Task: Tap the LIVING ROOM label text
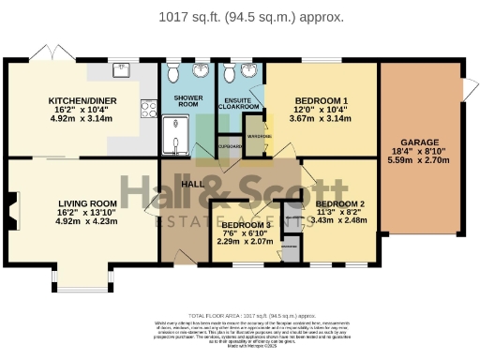click(x=87, y=203)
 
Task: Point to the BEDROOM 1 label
click(x=322, y=100)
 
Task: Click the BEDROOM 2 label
click(x=339, y=203)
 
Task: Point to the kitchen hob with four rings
click(x=148, y=110)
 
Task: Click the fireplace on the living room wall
click(x=11, y=203)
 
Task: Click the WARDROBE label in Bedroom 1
click(x=260, y=137)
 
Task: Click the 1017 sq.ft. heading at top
click(x=239, y=17)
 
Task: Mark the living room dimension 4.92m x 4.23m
click(x=87, y=221)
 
